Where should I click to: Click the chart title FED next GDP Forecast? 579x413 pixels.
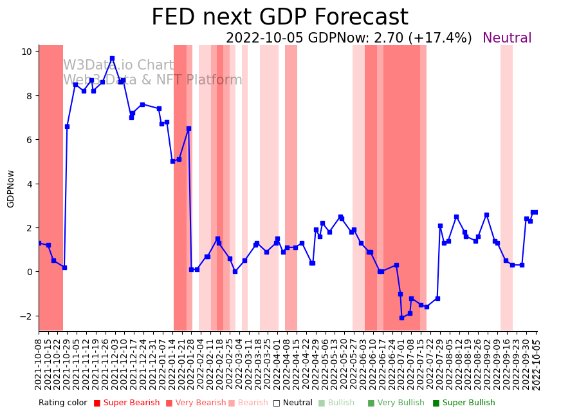pos(279,17)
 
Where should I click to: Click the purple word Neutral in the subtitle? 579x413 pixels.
pos(507,39)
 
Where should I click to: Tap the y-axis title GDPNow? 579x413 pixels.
pos(11,188)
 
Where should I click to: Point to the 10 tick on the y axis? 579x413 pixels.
pos(28,52)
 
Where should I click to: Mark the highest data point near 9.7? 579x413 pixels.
pos(112,58)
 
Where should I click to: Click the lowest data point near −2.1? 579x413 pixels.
pos(401,318)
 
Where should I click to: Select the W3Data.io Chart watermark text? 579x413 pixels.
pos(118,66)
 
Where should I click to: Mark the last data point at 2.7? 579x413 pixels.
pos(535,212)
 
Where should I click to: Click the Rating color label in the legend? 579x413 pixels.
pos(62,403)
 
